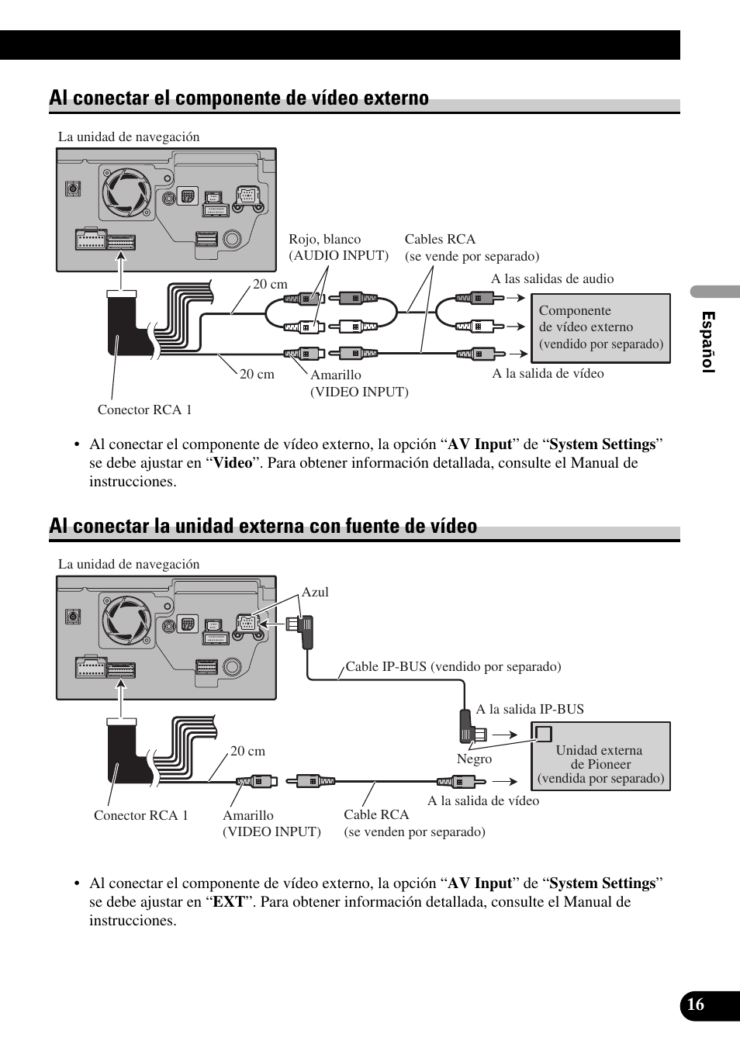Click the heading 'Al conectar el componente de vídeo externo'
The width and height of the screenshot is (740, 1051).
coord(239,99)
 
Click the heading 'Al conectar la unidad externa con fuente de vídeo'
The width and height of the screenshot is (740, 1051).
coord(263,527)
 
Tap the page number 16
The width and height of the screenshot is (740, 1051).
coord(695,1004)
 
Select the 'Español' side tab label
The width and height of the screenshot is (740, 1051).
coord(707,342)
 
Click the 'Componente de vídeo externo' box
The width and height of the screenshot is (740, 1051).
coord(600,327)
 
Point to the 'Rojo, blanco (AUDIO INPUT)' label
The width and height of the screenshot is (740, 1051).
coord(338,247)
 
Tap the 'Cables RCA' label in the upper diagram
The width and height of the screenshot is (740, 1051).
coord(440,240)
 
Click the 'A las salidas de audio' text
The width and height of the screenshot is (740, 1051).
coord(552,279)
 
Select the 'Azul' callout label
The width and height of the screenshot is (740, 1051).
coord(315,593)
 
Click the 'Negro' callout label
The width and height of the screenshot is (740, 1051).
coord(474,759)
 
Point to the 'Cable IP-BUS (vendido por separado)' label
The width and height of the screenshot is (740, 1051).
coord(453,667)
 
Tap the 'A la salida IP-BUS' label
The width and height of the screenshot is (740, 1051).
coord(530,709)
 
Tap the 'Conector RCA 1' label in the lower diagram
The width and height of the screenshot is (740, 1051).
coord(141,815)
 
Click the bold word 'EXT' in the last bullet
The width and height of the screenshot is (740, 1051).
coord(228,902)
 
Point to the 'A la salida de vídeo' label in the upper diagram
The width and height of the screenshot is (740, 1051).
coord(548,374)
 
